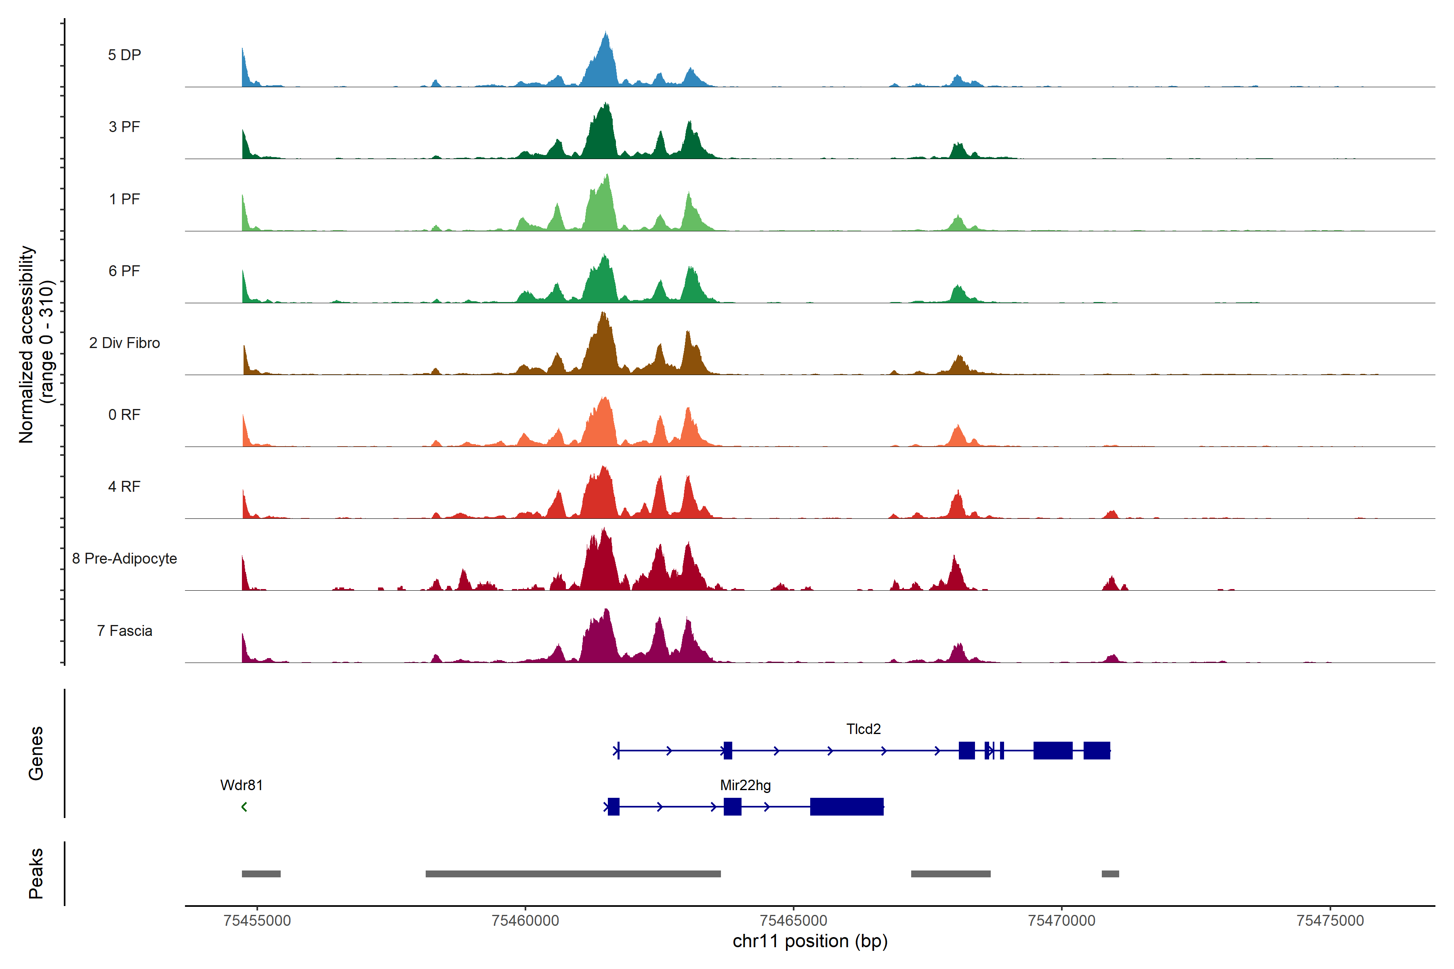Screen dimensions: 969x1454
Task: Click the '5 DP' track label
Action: (x=124, y=55)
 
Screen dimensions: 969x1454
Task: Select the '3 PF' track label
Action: (x=124, y=127)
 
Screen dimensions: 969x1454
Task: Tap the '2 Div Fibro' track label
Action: (x=124, y=343)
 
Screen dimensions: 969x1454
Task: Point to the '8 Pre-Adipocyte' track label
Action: (x=124, y=559)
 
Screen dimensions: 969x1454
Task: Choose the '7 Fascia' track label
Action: (x=124, y=631)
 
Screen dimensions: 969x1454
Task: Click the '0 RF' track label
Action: (x=124, y=415)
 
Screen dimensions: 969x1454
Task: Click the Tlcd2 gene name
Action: (x=863, y=729)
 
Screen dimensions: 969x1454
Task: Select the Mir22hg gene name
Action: (x=746, y=785)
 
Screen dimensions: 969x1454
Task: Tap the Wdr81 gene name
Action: (x=241, y=785)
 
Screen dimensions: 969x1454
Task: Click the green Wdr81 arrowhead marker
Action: (x=244, y=807)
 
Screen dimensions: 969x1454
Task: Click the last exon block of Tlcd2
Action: (x=1097, y=751)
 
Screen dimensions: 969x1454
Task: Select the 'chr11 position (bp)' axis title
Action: (x=810, y=941)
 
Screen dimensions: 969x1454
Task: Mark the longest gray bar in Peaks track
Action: (x=573, y=874)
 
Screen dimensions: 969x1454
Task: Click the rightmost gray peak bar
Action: (x=1110, y=874)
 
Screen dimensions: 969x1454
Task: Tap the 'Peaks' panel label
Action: (x=36, y=873)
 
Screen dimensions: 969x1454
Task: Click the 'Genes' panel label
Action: (x=36, y=753)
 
